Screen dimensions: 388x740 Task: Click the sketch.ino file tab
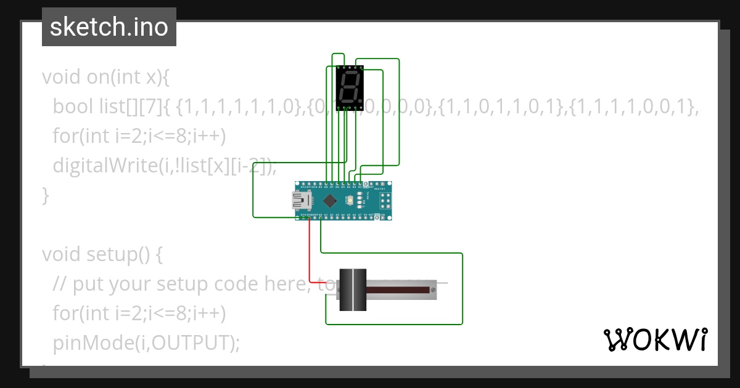point(109,27)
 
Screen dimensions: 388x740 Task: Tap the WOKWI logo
point(654,339)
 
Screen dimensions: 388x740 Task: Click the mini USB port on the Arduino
point(302,200)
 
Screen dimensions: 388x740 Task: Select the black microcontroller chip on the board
point(331,200)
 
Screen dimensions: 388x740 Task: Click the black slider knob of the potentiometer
point(353,289)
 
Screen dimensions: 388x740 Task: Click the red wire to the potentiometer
point(310,253)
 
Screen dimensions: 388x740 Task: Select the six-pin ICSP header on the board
point(385,200)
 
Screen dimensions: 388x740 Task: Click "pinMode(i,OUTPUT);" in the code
point(146,343)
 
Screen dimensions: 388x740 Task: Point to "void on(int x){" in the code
point(105,77)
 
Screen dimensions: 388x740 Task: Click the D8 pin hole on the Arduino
point(327,184)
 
